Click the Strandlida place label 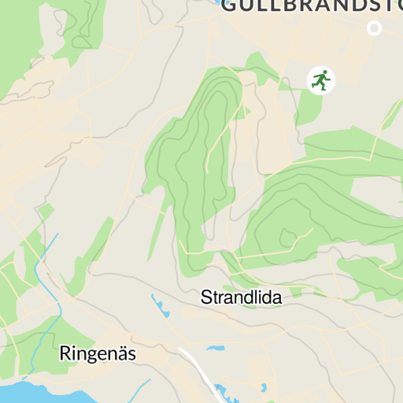tap(241, 298)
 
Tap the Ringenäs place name tap(98, 354)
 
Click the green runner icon tap(320, 79)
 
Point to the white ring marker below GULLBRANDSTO tap(375, 28)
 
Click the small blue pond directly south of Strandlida tap(215, 347)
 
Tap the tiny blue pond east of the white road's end tap(264, 387)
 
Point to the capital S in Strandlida tap(206, 298)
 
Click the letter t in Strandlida tap(215, 298)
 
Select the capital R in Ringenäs tap(65, 354)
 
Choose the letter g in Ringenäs tap(91, 356)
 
